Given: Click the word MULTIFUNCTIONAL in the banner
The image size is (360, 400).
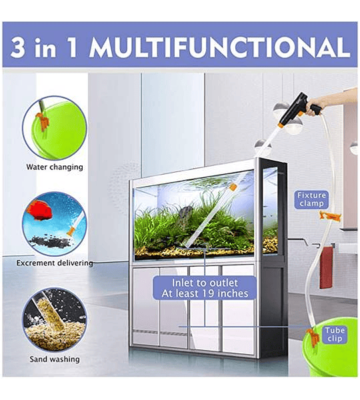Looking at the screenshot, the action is tap(220, 47).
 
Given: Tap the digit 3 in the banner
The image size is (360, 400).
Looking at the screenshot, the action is tap(18, 47).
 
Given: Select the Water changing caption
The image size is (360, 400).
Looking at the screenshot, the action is tap(55, 167).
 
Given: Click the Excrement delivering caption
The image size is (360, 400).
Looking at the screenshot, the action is tap(55, 263).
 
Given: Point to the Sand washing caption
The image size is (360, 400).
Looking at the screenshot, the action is tap(55, 359).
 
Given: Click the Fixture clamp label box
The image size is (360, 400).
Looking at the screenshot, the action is tap(311, 199).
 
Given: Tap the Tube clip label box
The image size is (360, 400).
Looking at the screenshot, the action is tap(335, 334).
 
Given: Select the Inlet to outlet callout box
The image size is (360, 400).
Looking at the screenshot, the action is tap(205, 288).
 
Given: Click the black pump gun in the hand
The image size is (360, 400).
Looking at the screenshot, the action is tap(303, 108).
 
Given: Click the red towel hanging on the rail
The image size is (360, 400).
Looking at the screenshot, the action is tap(326, 267).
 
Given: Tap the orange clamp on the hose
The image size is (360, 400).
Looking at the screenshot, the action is tap(330, 217).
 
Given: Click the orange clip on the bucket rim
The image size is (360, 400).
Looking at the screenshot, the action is tap(313, 338).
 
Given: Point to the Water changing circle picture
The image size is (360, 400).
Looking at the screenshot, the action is tap(55, 128).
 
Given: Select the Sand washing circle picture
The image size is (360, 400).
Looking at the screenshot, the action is tap(55, 320).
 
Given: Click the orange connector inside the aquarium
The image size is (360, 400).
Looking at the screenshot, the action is tap(233, 187).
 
